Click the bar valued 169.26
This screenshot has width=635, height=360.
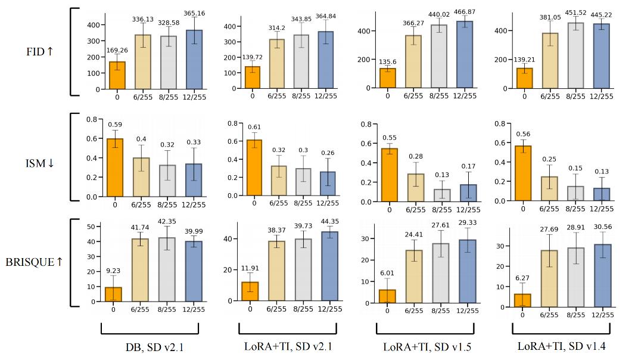pos(117,75)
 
